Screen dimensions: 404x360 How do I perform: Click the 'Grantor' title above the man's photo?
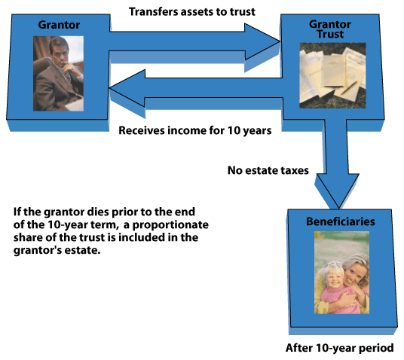[x=59, y=25]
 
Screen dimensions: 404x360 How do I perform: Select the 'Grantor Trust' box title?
[x=330, y=29]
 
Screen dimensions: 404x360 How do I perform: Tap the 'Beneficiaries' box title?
[x=341, y=221]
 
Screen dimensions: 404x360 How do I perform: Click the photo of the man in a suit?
[x=58, y=73]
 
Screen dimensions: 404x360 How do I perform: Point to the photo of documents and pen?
[x=332, y=75]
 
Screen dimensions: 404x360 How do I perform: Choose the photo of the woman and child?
[x=341, y=273]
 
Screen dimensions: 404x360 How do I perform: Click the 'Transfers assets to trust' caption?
[x=192, y=12]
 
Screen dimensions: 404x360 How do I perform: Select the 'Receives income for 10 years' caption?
[x=195, y=130]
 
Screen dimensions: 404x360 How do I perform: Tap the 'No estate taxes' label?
[x=268, y=170]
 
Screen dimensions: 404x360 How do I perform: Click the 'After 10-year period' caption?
[x=340, y=348]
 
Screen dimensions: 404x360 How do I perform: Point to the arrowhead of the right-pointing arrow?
[x=262, y=41]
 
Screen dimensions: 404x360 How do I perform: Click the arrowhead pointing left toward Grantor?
[x=127, y=88]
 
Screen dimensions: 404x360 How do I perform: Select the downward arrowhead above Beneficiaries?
[x=338, y=191]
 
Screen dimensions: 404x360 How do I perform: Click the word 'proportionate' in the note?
[x=170, y=224]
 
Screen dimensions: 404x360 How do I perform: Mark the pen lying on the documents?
[x=350, y=87]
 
